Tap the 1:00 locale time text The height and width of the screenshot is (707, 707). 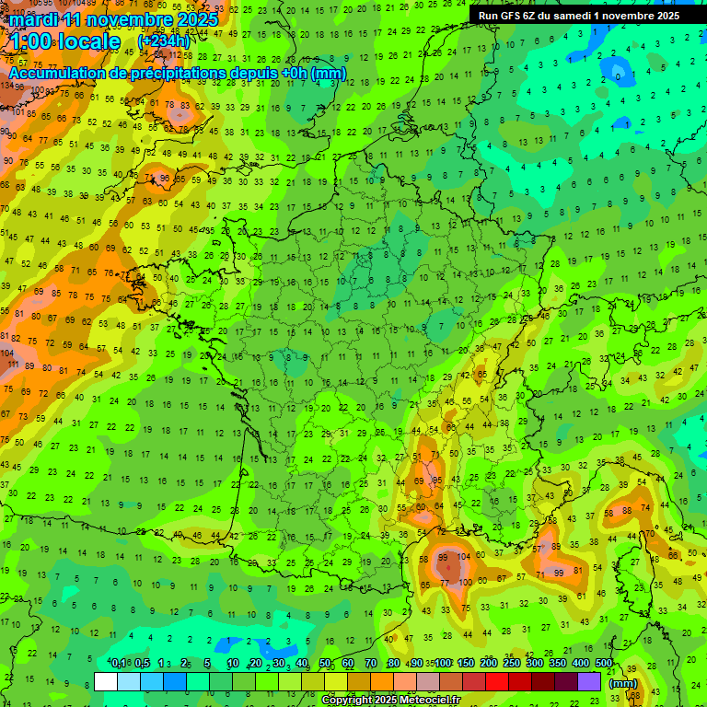64,42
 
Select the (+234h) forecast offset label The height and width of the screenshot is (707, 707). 164,41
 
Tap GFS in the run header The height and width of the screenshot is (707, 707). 514,16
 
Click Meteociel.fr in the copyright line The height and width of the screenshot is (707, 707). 435,701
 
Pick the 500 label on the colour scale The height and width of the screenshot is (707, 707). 604,664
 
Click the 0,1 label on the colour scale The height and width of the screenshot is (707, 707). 119,664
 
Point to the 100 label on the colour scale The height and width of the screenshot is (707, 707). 444,664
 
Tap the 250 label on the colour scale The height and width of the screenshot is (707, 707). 512,664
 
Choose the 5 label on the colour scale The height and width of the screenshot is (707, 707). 208,664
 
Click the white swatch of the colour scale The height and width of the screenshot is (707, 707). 106,681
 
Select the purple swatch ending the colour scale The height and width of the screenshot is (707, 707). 589,681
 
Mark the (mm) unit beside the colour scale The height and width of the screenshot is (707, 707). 623,683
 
